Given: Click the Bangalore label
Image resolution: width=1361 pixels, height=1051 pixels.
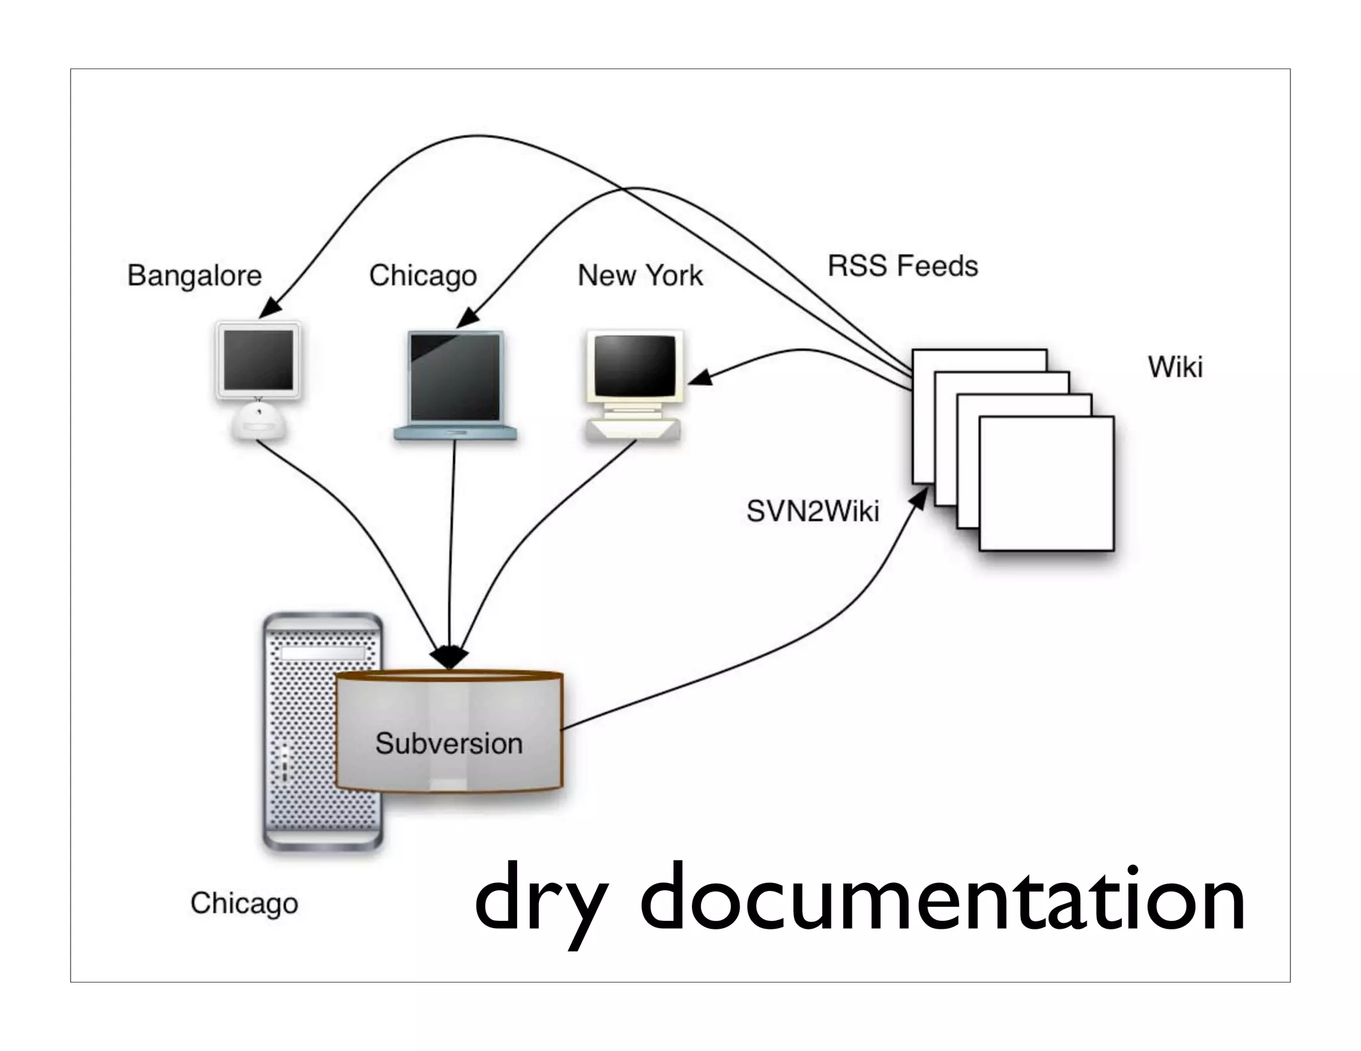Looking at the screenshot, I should pyautogui.click(x=194, y=275).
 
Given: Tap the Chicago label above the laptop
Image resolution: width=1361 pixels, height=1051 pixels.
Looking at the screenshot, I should pyautogui.click(x=423, y=275).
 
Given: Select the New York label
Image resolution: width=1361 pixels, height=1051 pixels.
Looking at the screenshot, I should pyautogui.click(x=640, y=275).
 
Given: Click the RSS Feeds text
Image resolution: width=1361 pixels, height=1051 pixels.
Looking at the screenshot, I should pyautogui.click(x=902, y=266).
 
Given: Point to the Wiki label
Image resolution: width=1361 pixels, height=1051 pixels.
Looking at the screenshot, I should pyautogui.click(x=1175, y=367).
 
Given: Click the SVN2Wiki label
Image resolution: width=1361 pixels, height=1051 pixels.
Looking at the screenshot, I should pyautogui.click(x=812, y=511).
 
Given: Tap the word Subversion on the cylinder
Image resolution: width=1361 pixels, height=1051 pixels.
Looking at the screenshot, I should pyautogui.click(x=449, y=743).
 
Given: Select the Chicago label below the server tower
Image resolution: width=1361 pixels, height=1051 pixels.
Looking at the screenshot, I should pyautogui.click(x=244, y=903).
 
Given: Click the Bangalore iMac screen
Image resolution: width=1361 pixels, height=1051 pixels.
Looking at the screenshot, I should pyautogui.click(x=258, y=359).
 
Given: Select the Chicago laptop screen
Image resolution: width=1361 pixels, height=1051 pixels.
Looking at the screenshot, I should pyautogui.click(x=455, y=376).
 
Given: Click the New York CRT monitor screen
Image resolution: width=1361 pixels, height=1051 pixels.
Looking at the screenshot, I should pyautogui.click(x=634, y=365).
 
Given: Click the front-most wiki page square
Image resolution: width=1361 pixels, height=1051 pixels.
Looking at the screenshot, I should pyautogui.click(x=1046, y=484).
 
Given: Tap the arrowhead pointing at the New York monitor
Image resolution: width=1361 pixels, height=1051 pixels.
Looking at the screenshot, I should pyautogui.click(x=699, y=379).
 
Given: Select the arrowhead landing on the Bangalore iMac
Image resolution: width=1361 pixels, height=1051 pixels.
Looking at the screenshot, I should pyautogui.click(x=270, y=308).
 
